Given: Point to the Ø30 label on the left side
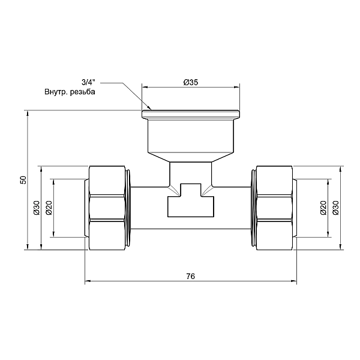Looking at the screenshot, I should tap(36, 208).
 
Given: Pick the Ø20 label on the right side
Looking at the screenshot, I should tap(323, 208).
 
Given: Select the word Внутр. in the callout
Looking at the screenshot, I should tap(56, 92).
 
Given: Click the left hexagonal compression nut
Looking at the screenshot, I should tap(109, 207).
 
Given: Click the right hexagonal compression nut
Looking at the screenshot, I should tap(274, 207).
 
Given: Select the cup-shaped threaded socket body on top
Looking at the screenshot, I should tap(191, 137).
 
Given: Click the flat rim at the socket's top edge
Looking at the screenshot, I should tap(191, 113).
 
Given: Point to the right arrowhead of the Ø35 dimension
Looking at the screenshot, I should tap(237, 87).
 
